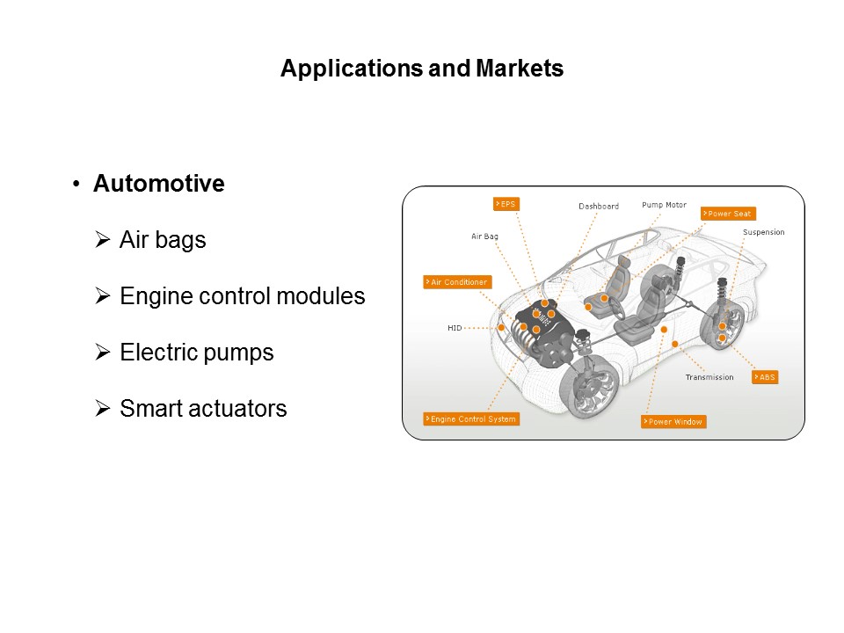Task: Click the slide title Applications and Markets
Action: (x=422, y=69)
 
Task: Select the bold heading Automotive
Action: (x=158, y=184)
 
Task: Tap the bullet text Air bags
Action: (x=163, y=240)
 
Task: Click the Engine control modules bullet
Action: (x=242, y=296)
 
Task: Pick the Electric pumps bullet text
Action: (x=196, y=353)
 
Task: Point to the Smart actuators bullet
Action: (x=203, y=409)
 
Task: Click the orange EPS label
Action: (x=506, y=204)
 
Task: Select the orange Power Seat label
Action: (x=728, y=214)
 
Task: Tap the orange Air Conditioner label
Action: (x=456, y=282)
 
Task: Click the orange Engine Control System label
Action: (x=470, y=419)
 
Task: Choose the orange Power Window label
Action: (x=673, y=422)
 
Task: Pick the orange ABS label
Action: (x=765, y=377)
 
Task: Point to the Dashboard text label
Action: (x=599, y=207)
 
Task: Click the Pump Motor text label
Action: (x=664, y=205)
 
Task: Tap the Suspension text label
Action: (x=763, y=233)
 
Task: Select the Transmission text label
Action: (x=709, y=378)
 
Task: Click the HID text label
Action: (x=455, y=328)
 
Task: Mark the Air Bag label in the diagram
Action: (x=485, y=236)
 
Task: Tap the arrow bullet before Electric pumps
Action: (x=103, y=353)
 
